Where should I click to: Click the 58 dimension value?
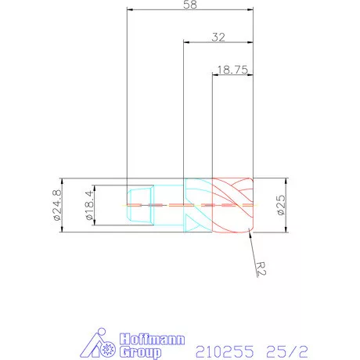[x=189, y=5]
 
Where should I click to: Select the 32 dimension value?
[x=218, y=36]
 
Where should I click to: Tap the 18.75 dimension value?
[x=232, y=69]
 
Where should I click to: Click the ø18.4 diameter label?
[x=88, y=205]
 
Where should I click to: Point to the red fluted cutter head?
[x=232, y=205]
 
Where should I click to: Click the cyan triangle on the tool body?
[x=193, y=221]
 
